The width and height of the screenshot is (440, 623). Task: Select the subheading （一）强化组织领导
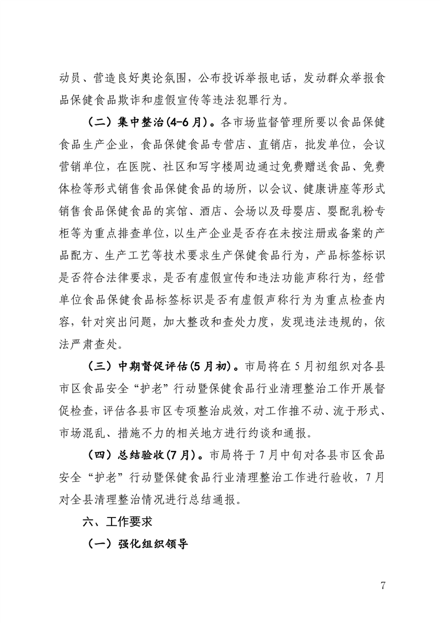(x=138, y=544)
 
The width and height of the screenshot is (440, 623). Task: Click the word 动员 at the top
(x=69, y=78)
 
